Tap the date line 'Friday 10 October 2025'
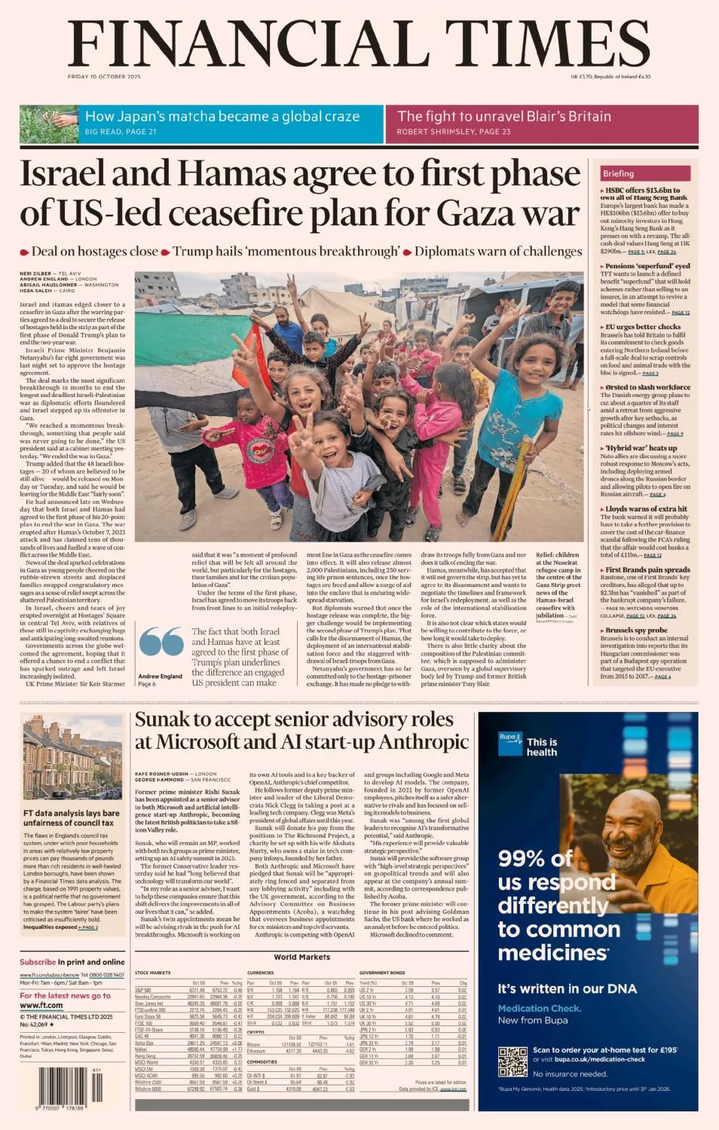(104, 77)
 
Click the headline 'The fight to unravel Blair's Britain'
(503, 116)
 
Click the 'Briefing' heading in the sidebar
(618, 173)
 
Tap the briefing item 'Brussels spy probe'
(636, 630)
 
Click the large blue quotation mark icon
(161, 642)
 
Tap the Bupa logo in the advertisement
(509, 744)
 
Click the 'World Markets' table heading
(301, 957)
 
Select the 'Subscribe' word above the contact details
(38, 962)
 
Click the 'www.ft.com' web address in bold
(41, 1005)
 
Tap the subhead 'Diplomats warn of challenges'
(498, 252)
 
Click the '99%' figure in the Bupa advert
(528, 858)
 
